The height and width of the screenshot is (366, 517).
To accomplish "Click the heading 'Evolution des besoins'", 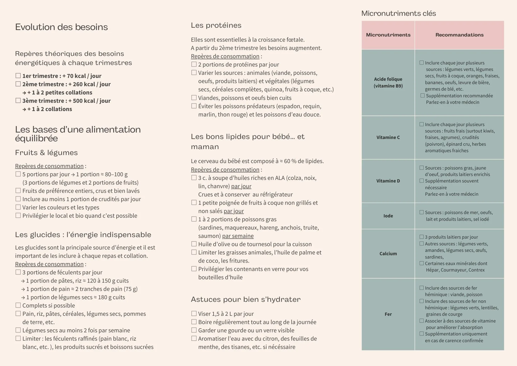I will tap(61, 27).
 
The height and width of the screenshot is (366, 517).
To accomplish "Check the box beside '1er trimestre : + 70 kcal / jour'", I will tap(18, 76).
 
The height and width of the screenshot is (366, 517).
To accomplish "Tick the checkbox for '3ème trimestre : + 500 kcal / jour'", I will tap(18, 100).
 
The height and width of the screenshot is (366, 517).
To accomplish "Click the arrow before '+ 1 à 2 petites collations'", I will tap(24, 93).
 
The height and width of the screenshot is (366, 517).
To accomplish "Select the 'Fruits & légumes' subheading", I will tap(46, 153).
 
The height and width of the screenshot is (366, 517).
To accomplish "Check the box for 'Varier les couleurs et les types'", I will tap(18, 207).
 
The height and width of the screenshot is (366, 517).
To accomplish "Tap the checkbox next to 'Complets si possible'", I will tap(18, 305).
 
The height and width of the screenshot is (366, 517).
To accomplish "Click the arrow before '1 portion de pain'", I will tap(23, 289).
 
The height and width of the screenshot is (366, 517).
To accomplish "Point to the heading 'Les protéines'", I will tap(216, 25).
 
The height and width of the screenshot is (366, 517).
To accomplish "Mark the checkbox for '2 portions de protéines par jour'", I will tap(194, 64).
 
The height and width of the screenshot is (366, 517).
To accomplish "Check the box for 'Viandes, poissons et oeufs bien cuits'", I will tap(194, 98).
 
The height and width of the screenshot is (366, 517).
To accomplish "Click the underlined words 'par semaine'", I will tap(238, 236).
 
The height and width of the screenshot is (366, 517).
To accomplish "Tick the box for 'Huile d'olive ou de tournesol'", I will tap(194, 244).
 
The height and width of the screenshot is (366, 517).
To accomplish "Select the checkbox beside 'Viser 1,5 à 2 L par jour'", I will tap(194, 313).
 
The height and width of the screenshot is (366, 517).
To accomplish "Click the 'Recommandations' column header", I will tap(459, 35).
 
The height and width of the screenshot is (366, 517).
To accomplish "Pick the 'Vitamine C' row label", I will tap(388, 137).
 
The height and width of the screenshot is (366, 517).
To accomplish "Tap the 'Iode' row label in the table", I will tap(388, 216).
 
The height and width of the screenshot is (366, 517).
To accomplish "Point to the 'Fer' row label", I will tap(388, 314).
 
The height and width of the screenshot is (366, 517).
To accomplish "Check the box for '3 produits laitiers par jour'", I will tap(422, 237).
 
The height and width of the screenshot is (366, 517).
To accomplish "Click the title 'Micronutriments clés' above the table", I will tap(398, 13).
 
